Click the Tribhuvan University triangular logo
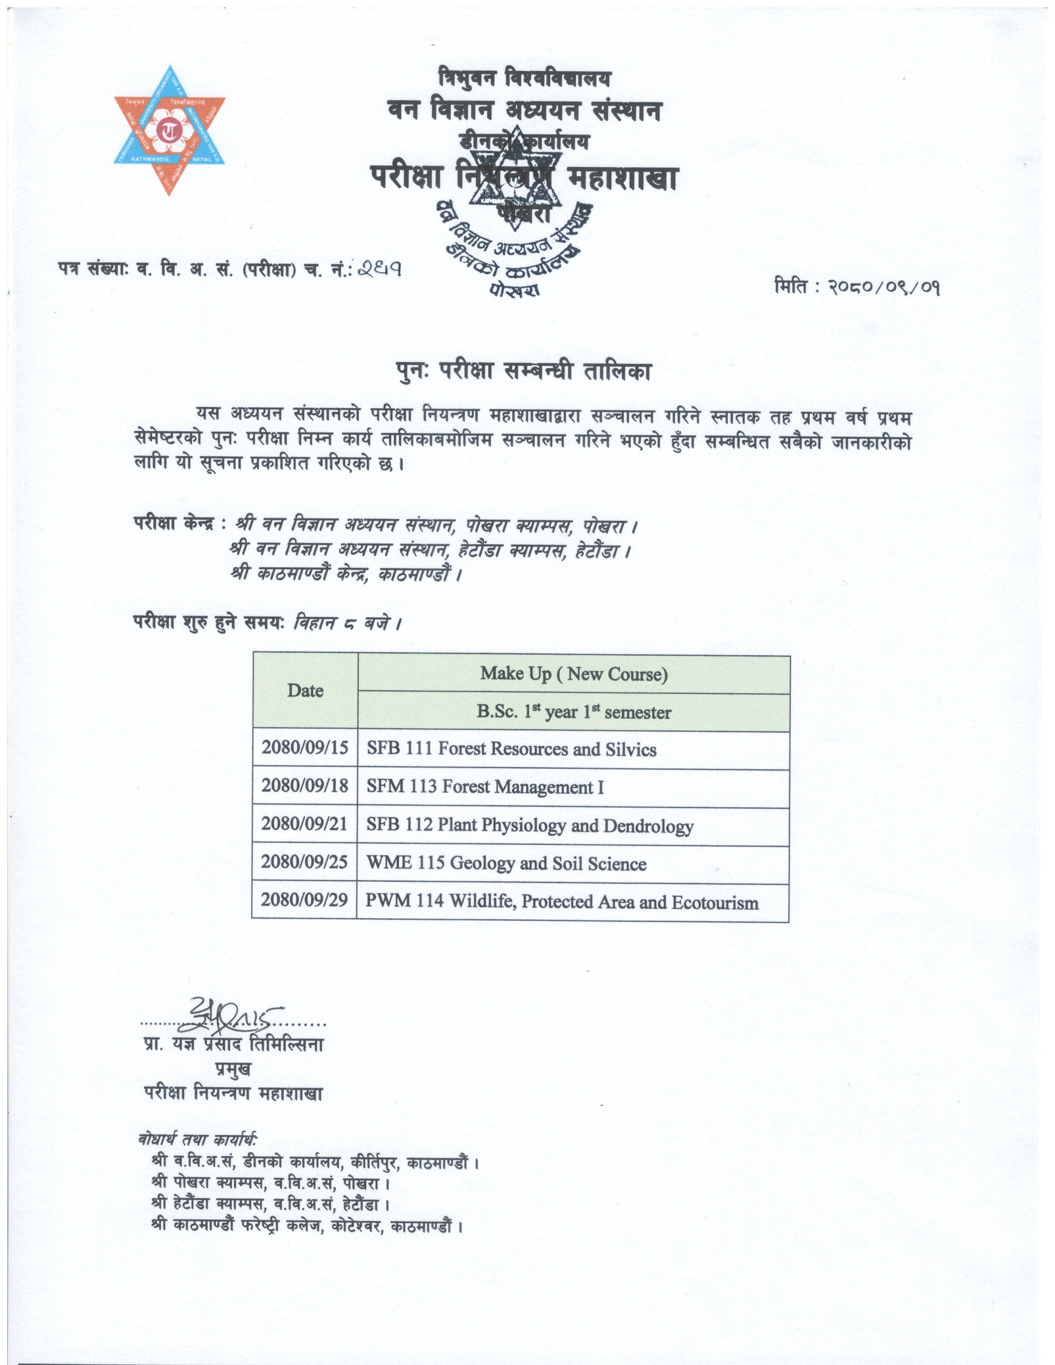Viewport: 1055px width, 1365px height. point(169,130)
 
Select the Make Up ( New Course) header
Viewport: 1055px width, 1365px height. point(574,674)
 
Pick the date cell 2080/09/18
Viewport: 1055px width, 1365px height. point(304,786)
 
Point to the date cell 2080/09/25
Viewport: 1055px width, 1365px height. point(304,862)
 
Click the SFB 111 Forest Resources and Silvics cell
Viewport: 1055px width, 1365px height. point(511,749)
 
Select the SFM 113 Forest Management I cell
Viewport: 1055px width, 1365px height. point(485,786)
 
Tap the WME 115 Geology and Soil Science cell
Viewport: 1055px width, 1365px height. point(506,864)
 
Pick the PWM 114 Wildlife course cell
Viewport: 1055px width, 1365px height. point(562,902)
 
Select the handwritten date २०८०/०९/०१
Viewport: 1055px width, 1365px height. point(885,287)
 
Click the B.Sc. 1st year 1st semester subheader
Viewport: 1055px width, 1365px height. point(574,712)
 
